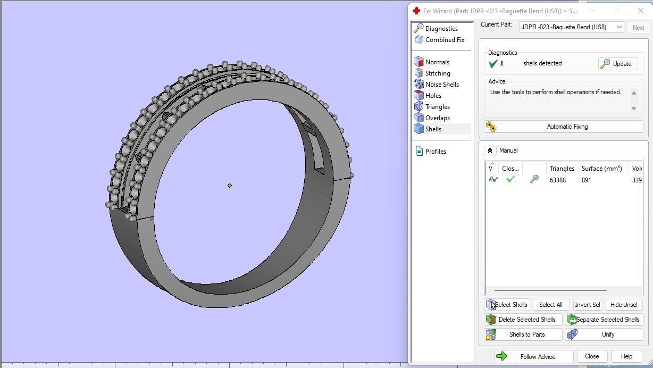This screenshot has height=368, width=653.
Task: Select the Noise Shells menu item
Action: pyautogui.click(x=441, y=85)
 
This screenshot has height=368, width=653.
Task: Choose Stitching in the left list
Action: pyautogui.click(x=437, y=73)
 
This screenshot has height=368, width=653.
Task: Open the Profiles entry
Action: pyautogui.click(x=435, y=152)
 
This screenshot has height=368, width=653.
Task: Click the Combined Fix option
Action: pyautogui.click(x=444, y=40)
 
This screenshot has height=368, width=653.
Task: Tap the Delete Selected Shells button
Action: pyautogui.click(x=523, y=320)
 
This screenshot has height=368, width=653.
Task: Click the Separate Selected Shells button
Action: pyautogui.click(x=604, y=320)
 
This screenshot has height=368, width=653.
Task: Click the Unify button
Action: pyautogui.click(x=604, y=334)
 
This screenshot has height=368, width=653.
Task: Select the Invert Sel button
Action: pyautogui.click(x=587, y=305)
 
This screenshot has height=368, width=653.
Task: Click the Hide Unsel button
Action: pyautogui.click(x=623, y=305)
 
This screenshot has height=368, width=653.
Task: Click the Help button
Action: pyautogui.click(x=626, y=356)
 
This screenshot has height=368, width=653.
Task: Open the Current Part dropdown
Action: pyautogui.click(x=571, y=27)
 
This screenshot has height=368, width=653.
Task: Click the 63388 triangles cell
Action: pyautogui.click(x=557, y=180)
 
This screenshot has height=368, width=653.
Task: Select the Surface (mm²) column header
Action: pyautogui.click(x=601, y=169)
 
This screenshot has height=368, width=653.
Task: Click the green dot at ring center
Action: pyautogui.click(x=230, y=186)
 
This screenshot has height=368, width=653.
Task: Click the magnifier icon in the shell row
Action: pyautogui.click(x=534, y=180)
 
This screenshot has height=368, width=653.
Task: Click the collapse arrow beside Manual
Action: pyautogui.click(x=490, y=150)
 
